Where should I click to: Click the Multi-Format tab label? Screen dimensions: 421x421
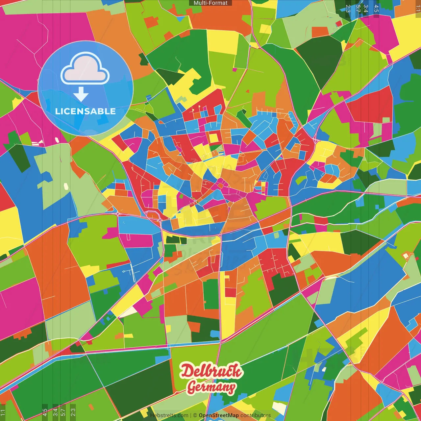[210, 3]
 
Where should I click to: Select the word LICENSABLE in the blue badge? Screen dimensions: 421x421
[86, 111]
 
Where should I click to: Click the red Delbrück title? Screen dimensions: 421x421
[211, 371]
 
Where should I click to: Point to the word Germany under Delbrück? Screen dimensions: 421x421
[211, 387]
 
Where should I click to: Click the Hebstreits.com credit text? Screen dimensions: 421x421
[169, 415]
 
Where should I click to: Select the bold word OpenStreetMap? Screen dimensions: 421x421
[219, 415]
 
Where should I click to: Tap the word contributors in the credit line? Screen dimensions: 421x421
[256, 415]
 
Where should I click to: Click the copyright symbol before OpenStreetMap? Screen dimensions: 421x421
[195, 415]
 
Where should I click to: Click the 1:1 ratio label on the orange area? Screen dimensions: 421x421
[418, 9]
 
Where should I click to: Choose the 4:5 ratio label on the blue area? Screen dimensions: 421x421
[376, 9]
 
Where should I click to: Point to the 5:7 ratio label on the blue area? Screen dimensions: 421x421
[358, 9]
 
